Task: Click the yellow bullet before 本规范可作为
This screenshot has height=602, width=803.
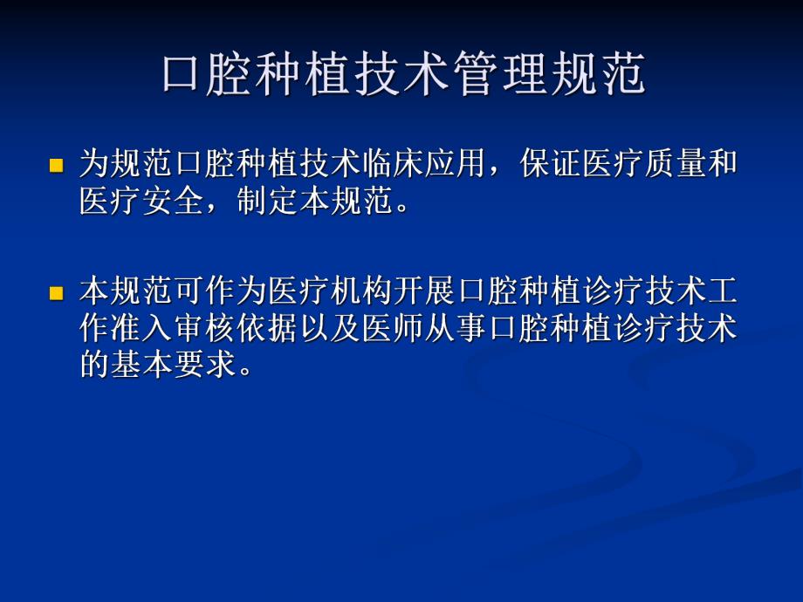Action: point(57,291)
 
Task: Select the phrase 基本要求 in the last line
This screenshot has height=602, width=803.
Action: point(178,365)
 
